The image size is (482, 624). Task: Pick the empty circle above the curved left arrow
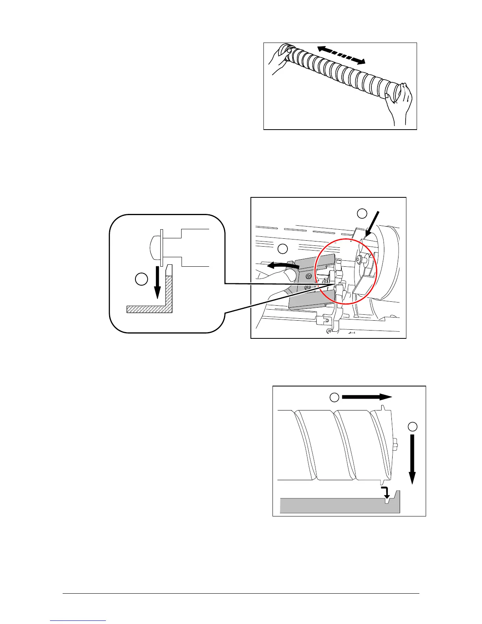click(282, 249)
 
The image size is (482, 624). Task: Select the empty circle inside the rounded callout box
click(141, 279)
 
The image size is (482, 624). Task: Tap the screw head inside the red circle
click(359, 260)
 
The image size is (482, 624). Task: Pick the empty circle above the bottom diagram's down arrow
click(412, 427)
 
